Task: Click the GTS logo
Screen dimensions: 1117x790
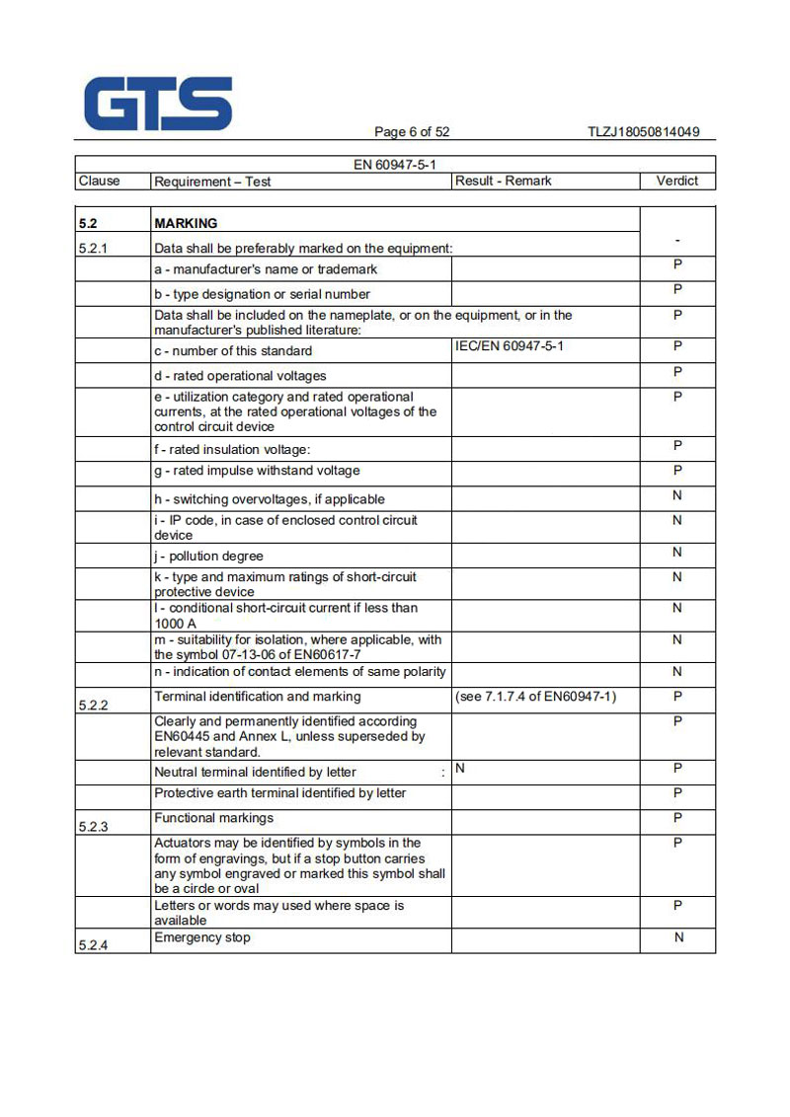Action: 158,104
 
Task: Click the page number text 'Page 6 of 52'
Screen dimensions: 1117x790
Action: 412,132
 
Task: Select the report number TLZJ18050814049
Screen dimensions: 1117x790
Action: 643,132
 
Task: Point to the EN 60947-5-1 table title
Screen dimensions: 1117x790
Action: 395,165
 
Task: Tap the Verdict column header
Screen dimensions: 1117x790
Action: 676,181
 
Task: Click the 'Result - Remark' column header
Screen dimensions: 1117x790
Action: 504,181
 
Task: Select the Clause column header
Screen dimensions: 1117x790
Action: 99,181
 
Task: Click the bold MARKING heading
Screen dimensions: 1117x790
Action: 186,223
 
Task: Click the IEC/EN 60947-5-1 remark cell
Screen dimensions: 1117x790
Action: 510,346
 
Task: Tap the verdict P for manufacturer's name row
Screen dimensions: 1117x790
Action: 677,264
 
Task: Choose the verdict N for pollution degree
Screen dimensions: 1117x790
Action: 677,552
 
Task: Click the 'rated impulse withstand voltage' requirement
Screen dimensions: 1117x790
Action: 257,471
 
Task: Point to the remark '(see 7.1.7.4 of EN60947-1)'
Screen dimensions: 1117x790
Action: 536,697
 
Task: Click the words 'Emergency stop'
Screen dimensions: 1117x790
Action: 202,937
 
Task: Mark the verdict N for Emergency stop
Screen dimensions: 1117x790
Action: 678,937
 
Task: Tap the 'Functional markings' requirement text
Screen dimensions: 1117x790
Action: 214,818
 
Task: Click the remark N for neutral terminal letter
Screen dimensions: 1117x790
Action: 460,768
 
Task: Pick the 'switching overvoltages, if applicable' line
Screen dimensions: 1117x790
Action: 269,499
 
